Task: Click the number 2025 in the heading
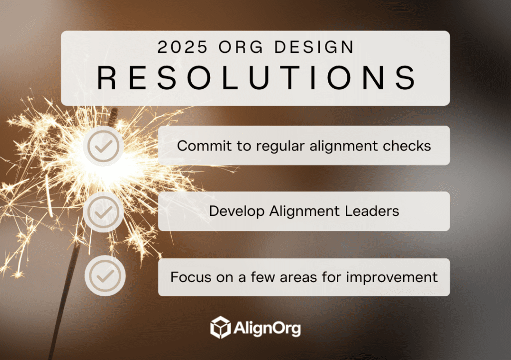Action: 182,47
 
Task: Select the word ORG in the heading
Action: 241,47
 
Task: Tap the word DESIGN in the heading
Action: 314,47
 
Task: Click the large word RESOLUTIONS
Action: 256,77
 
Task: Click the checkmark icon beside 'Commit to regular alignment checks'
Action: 103,146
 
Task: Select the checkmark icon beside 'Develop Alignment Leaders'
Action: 103,212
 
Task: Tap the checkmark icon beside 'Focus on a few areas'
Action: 105,276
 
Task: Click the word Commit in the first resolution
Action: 204,146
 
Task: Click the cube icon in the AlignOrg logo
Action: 221,327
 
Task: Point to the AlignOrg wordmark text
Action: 267,328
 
